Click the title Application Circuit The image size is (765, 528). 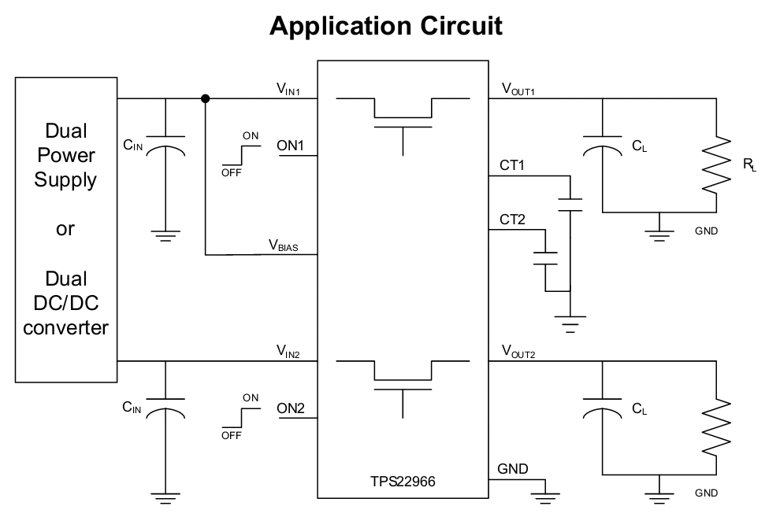385,26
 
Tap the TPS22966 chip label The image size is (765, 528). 403,482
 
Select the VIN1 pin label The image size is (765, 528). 288,89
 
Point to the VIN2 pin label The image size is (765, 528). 288,352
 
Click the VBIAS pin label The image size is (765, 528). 283,245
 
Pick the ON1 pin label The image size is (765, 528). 290,145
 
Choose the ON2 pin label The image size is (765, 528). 290,408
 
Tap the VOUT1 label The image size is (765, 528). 518,89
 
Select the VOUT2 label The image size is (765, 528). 518,352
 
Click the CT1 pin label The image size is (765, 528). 512,165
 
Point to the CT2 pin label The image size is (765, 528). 512,220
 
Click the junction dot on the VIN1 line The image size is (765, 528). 206,99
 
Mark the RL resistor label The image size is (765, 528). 749,164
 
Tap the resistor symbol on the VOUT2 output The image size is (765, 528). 716,429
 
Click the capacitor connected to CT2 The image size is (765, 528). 545,259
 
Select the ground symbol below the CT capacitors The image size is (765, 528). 570,324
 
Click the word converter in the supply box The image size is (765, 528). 65,328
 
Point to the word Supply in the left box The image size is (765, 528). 65,180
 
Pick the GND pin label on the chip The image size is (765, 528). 512,469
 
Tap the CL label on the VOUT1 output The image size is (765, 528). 639,146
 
